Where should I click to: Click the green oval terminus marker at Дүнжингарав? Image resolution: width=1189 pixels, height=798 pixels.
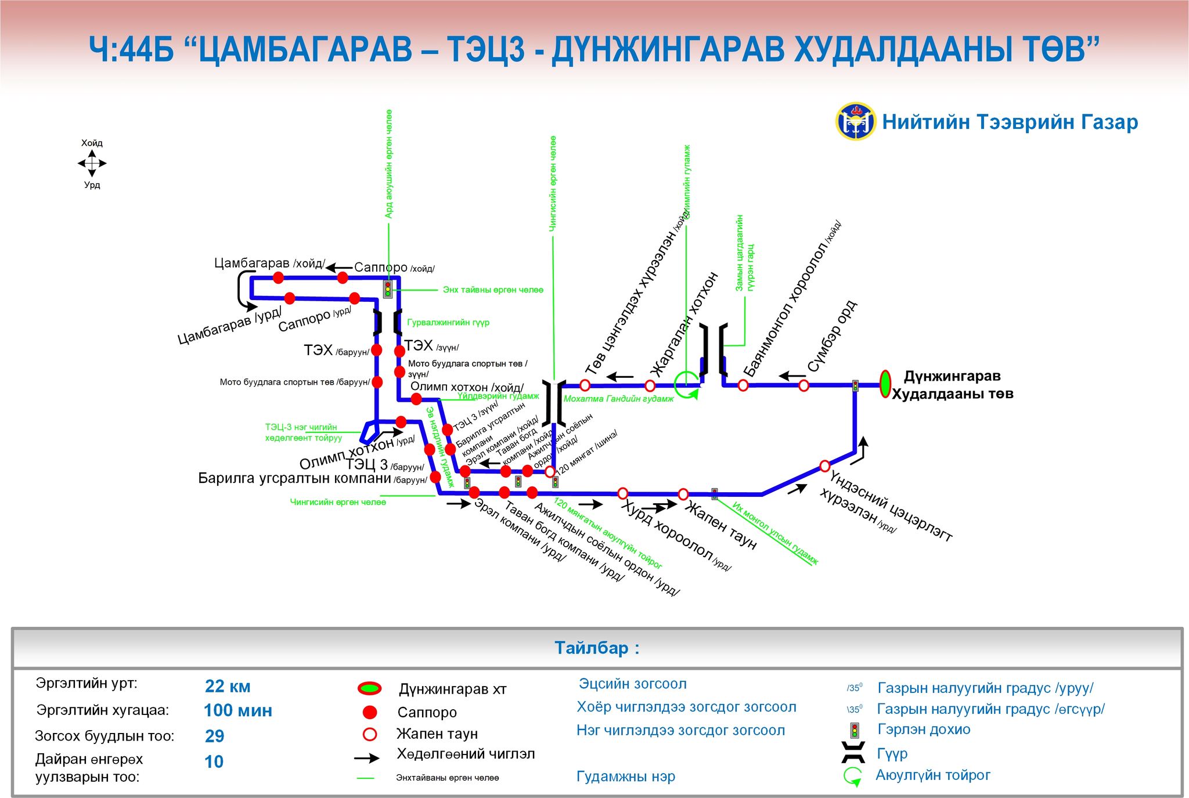pos(885,384)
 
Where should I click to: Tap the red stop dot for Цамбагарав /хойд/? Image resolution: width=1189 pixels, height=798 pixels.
pos(278,277)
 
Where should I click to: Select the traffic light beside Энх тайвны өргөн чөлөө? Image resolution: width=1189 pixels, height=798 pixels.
pos(388,289)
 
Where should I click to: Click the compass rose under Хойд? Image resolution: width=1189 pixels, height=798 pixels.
pos(92,164)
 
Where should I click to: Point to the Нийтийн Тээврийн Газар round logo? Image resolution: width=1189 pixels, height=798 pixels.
pos(855,121)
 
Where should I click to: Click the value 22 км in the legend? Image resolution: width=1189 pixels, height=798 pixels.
pos(228,687)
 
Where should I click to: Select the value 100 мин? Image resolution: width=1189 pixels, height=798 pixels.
pos(237,710)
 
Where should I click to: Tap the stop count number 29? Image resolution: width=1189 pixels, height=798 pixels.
pos(214,736)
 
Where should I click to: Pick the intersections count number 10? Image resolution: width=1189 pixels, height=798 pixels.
pos(214,761)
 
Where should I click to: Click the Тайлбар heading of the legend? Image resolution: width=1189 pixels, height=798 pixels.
pos(596,648)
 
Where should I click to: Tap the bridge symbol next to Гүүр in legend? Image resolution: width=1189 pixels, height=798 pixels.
pos(853,752)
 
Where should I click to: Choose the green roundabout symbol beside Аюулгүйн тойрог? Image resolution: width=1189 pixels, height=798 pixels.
pos(852,776)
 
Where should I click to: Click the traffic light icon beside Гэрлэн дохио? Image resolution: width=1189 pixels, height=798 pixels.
pos(854,730)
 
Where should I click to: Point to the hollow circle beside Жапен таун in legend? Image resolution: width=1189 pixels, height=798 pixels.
pos(369,734)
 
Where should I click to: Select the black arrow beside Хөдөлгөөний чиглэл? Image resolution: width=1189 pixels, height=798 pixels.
pos(367,758)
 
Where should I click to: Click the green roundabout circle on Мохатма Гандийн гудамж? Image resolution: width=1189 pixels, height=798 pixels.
pos(686,384)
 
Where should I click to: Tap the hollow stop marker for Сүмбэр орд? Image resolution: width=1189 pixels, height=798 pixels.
pos(804,385)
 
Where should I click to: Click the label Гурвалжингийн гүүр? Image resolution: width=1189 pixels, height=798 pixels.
pos(448,323)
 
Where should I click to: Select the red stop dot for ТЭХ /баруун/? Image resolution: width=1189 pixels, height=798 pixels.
pos(376,350)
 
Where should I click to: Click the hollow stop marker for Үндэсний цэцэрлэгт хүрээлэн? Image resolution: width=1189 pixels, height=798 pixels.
pos(824,465)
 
